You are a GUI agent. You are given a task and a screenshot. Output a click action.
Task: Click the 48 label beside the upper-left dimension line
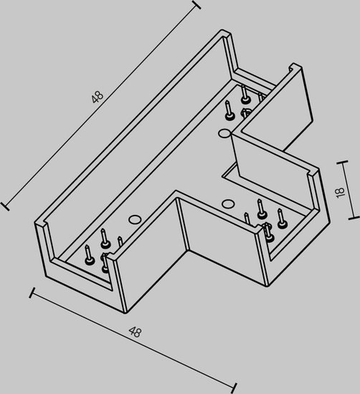pos(98,97)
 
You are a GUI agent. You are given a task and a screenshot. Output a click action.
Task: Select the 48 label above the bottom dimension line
pos(135,332)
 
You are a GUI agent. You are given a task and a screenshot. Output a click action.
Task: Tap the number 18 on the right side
pos(340,193)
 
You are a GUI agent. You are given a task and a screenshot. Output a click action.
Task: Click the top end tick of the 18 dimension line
pos(342,163)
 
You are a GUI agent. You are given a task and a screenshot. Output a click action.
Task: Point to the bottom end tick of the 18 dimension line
pos(354,217)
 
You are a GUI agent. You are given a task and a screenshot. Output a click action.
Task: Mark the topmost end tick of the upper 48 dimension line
pos(196,5)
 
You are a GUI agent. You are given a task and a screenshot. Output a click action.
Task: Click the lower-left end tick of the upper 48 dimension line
pos(5,206)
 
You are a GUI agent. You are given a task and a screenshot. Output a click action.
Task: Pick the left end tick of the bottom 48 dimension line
pos(32,293)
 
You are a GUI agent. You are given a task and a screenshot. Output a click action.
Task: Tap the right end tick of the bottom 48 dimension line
pos(235,388)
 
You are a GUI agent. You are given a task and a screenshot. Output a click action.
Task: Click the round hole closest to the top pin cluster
pos(224,133)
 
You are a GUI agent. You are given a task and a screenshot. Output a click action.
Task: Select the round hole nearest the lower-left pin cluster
pos(135,219)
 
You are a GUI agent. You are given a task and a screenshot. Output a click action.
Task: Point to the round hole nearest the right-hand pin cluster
pos(227,203)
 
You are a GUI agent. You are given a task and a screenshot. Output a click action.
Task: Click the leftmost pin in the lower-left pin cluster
pos(89,255)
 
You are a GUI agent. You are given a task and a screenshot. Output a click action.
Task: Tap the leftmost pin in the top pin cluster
pos(229,110)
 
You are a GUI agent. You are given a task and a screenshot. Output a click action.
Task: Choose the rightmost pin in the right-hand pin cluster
pos(281,219)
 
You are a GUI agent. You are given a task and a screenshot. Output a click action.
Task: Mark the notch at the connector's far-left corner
pos(40,223)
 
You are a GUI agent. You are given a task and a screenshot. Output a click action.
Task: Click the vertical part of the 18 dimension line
pos(349,190)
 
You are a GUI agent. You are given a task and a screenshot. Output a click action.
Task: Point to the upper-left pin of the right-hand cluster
pos(260,208)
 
